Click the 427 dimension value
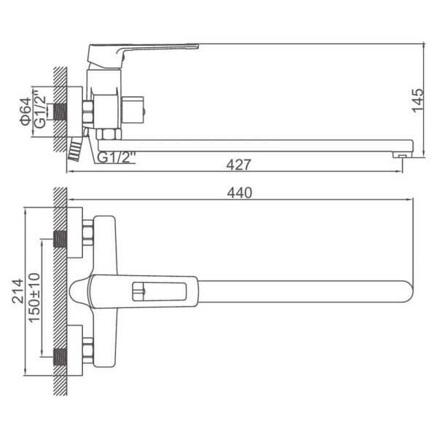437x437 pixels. [239, 165]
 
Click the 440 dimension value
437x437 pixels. [240, 192]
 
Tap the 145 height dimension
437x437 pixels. [417, 101]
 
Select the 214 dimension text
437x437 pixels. [17, 291]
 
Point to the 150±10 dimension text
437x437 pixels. [34, 298]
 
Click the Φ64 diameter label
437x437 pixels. [25, 111]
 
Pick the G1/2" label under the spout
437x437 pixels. [117, 157]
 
